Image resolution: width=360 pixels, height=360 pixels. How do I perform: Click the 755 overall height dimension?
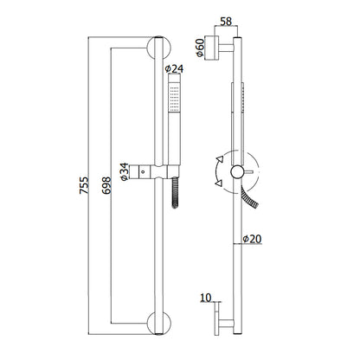(x=84, y=185)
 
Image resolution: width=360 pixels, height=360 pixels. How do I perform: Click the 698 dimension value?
(x=106, y=185)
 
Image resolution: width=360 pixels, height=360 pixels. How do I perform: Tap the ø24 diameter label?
(x=174, y=68)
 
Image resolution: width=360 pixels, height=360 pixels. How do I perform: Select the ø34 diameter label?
(x=125, y=171)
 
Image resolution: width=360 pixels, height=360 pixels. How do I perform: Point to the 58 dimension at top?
(x=226, y=22)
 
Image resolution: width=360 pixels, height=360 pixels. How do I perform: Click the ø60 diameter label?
(x=200, y=48)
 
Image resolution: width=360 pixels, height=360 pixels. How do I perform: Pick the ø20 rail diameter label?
(x=252, y=239)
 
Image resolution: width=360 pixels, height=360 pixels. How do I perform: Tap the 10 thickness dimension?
(x=206, y=298)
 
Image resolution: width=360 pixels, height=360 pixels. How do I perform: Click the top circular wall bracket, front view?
(x=158, y=48)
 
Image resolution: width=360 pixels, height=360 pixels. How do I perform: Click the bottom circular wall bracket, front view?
(x=158, y=324)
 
